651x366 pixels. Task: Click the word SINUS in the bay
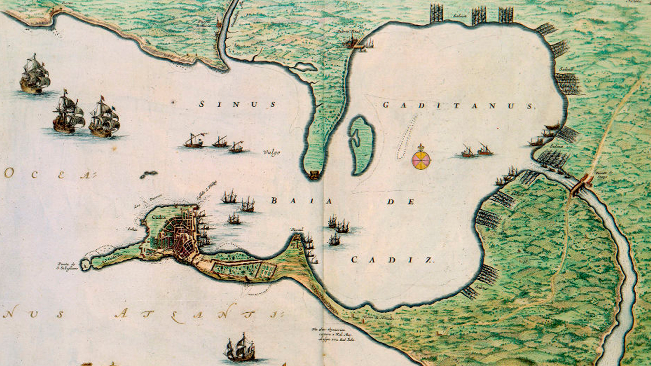pyautogui.click(x=237, y=104)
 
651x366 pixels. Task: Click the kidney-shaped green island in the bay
pyautogui.click(x=361, y=145)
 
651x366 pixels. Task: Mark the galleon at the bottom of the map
pyautogui.click(x=240, y=348)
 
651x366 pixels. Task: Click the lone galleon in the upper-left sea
pyautogui.click(x=34, y=74)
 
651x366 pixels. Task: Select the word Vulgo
pyautogui.click(x=271, y=152)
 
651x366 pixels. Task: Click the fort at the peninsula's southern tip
pyautogui.click(x=314, y=174)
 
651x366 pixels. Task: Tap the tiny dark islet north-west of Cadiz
pyautogui.click(x=149, y=175)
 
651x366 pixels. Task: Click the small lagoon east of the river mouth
pyautogui.click(x=303, y=67)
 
